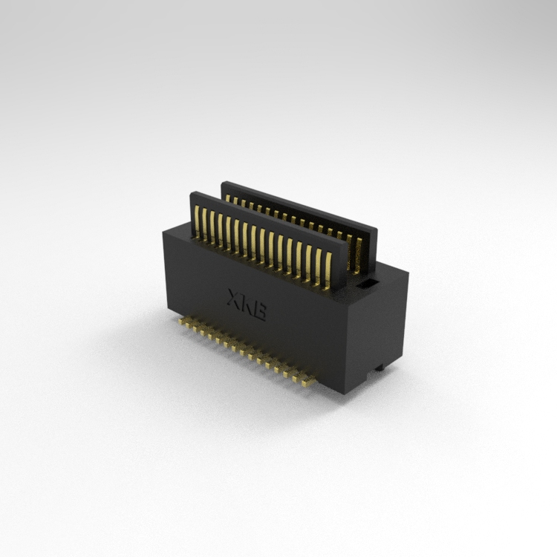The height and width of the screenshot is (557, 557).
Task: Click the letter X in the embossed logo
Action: (x=235, y=299)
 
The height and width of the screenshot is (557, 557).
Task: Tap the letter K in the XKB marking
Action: (x=246, y=305)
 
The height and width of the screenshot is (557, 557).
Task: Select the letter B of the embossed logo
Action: (x=259, y=311)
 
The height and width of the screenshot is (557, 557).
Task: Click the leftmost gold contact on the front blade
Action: (x=197, y=221)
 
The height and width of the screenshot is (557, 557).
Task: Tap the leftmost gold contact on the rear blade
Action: (x=228, y=198)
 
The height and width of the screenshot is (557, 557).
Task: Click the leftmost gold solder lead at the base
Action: (x=181, y=321)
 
